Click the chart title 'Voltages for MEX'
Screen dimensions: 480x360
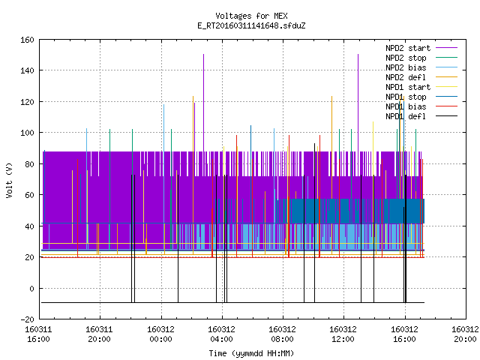click(251, 16)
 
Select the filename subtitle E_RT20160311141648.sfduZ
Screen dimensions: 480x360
click(251, 25)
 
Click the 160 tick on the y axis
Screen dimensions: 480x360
click(27, 40)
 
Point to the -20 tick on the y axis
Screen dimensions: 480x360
click(27, 319)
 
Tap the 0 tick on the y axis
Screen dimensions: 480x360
click(31, 288)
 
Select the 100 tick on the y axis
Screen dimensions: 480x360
click(27, 133)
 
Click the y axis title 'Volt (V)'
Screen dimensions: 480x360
click(9, 181)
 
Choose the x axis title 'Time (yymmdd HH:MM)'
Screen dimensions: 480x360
click(251, 353)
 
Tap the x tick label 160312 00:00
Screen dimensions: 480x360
click(160, 334)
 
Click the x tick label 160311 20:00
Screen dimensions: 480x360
click(99, 334)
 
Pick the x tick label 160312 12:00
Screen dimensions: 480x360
click(343, 334)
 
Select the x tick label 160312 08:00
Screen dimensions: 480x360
click(282, 334)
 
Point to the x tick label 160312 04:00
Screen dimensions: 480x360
click(222, 334)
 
